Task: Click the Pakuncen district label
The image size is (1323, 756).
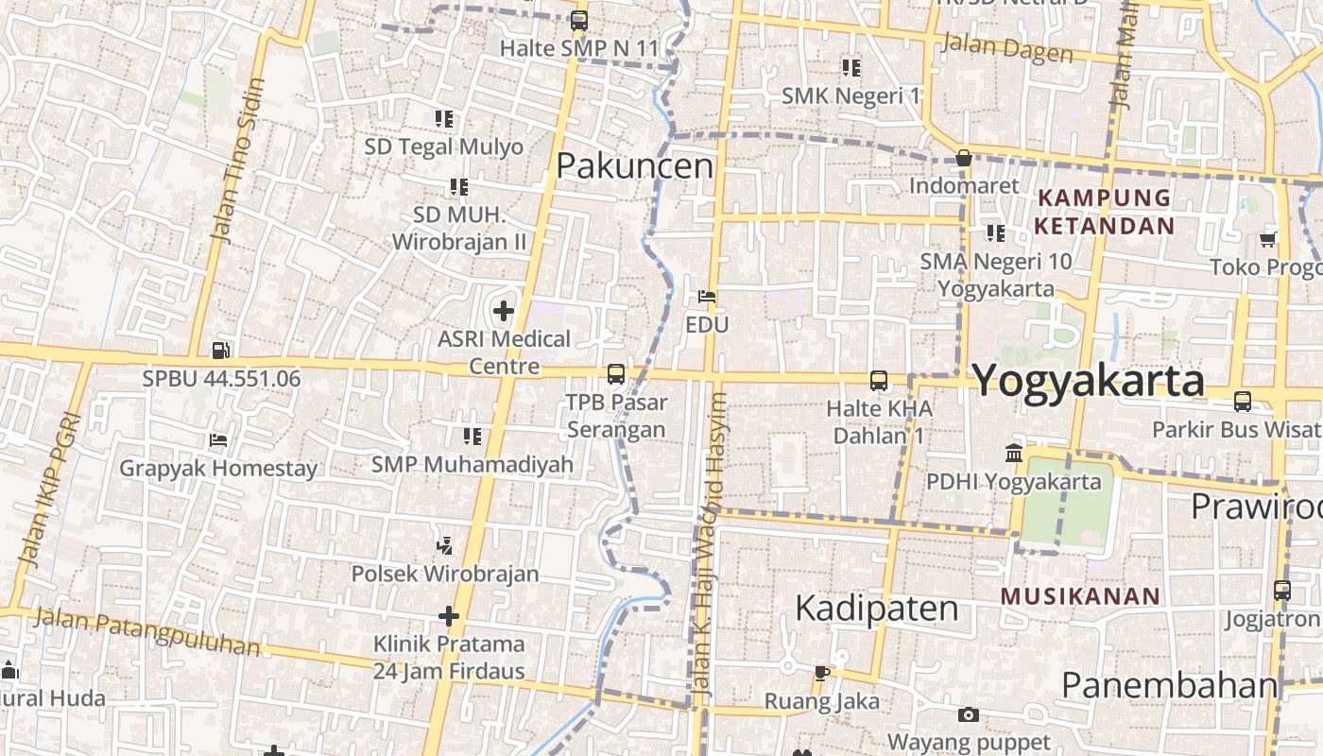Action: pyautogui.click(x=634, y=166)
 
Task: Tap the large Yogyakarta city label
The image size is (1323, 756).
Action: pyautogui.click(x=1088, y=381)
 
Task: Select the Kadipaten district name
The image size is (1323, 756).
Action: pyautogui.click(x=877, y=608)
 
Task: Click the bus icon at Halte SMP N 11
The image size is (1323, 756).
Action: pyautogui.click(x=579, y=20)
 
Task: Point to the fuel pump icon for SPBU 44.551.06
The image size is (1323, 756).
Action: pyautogui.click(x=221, y=350)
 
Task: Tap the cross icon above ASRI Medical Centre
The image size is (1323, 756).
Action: pyautogui.click(x=504, y=310)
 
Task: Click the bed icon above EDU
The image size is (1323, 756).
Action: pyautogui.click(x=706, y=297)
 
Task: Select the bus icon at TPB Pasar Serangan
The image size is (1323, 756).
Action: pyautogui.click(x=616, y=374)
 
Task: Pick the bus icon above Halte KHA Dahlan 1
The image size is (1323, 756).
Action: pyautogui.click(x=879, y=381)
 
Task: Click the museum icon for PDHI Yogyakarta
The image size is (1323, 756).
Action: pyautogui.click(x=1014, y=454)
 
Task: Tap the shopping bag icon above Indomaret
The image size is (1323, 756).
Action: pyautogui.click(x=964, y=158)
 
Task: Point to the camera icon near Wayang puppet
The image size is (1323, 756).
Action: pyautogui.click(x=968, y=715)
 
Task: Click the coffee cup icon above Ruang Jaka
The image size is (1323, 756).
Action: pyautogui.click(x=821, y=673)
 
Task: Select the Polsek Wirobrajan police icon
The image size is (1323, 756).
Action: pyautogui.click(x=445, y=545)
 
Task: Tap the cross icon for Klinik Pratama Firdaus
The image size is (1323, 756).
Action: pyautogui.click(x=449, y=617)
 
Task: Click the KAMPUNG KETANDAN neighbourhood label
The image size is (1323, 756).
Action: pyautogui.click(x=1104, y=212)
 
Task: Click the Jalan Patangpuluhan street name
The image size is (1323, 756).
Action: pyautogui.click(x=147, y=632)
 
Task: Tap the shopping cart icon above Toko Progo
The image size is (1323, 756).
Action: pyautogui.click(x=1268, y=240)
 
